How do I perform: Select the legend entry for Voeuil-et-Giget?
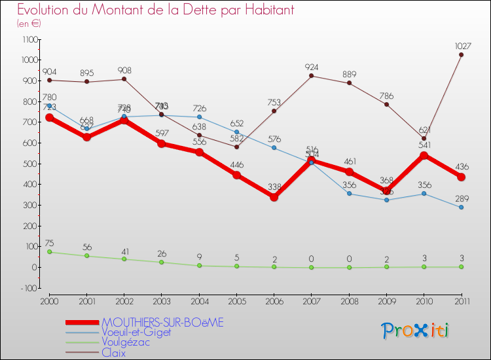[x=136, y=333]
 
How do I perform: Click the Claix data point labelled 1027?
[x=461, y=54]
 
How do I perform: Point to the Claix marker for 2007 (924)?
[x=311, y=76]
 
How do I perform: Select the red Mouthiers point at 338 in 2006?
[x=274, y=197]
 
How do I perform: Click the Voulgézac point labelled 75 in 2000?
[x=49, y=252]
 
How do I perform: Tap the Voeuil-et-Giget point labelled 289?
[x=461, y=207]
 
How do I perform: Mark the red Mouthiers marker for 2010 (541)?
[x=424, y=155]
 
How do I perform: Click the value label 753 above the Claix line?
[x=274, y=101]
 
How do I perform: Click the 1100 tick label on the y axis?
[x=29, y=40]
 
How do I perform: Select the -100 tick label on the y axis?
[x=29, y=288]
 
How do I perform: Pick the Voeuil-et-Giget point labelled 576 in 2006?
[x=274, y=148]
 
